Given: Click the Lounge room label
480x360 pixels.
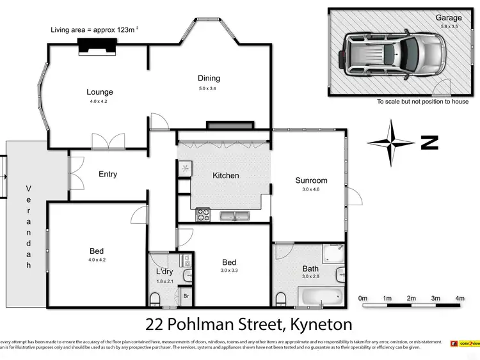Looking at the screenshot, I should [100, 91].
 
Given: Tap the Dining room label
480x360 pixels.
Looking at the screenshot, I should [209, 79].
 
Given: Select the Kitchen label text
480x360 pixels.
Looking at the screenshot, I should [226, 175].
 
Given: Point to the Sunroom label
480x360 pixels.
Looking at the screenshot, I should [311, 180].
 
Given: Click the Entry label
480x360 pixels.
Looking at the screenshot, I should [108, 174].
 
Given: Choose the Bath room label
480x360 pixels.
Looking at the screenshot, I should [310, 269].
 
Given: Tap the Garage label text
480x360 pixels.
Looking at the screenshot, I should [449, 18].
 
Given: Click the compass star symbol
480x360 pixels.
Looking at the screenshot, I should [391, 143].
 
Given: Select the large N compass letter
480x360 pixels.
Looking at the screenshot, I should [429, 143].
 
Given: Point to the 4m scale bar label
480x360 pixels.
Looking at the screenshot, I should [460, 299].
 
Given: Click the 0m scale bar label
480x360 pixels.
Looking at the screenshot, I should [363, 299].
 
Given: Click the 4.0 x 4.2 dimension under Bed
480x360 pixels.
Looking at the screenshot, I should [97, 260].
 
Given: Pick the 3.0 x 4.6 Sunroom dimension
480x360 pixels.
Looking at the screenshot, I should [311, 190].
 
